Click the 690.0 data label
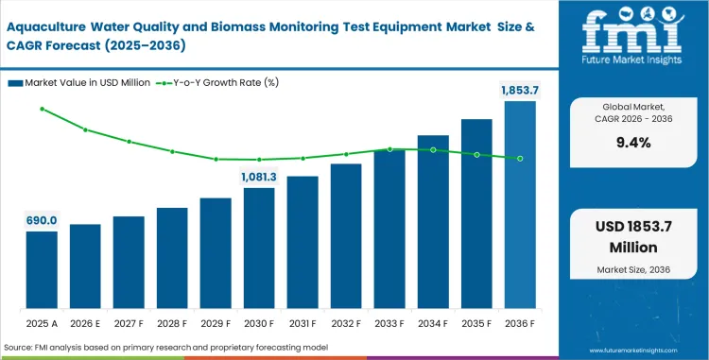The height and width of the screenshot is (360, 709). [42, 219]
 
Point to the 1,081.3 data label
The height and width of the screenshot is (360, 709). [259, 176]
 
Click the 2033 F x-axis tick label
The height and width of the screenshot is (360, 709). [389, 324]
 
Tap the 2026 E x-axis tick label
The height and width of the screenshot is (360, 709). [85, 324]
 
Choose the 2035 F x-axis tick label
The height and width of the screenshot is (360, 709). [476, 324]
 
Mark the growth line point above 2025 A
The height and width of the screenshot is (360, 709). [42, 109]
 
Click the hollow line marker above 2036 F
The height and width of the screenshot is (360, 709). [520, 159]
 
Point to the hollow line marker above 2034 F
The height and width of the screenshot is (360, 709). [433, 149]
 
